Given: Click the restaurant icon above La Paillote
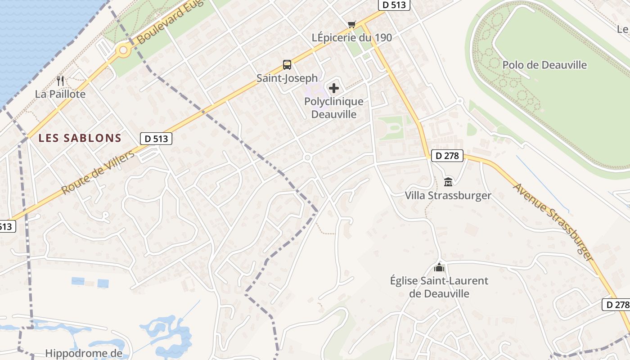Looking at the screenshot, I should point(61,81).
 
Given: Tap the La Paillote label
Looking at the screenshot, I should point(60,94).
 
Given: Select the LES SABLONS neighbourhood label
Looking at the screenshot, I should point(80,138).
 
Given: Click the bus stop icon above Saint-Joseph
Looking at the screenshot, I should point(287,65).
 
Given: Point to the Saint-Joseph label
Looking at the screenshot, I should point(287,78).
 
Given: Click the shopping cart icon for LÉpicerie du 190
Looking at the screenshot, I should point(351,24).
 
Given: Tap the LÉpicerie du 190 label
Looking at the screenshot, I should point(352,38).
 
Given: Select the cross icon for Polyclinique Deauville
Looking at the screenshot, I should point(334,88).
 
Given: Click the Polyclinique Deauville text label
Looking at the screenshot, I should point(334,108).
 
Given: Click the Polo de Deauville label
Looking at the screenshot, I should point(544,65).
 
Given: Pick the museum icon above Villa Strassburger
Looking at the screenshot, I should point(448,182).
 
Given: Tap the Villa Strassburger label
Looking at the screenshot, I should point(448,196).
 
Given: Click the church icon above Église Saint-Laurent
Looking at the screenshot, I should point(439,268).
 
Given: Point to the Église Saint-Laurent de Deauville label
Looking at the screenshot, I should point(439,287).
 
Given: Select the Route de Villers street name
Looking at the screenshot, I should point(98,173).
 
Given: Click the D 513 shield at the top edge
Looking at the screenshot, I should point(394,5).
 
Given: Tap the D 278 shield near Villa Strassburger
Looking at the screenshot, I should point(447,156).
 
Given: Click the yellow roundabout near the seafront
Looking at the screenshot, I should point(122,51).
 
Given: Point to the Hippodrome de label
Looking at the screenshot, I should point(84,353).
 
